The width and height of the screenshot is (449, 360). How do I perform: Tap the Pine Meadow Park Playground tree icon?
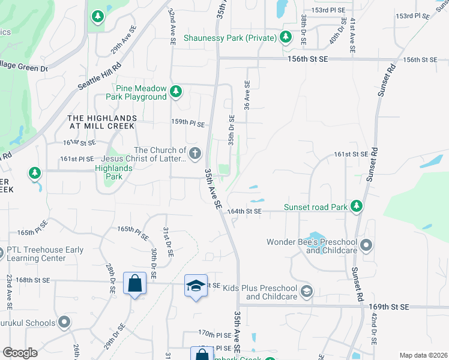pos(175,91)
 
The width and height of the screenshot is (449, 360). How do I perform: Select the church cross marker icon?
pos(194,154)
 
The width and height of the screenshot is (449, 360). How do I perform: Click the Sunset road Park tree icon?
pos(357,207)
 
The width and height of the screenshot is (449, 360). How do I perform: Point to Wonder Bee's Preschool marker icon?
pos(367,245)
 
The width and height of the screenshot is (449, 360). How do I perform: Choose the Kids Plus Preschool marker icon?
pos(307,292)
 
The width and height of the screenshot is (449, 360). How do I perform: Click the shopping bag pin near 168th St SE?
pos(134,283)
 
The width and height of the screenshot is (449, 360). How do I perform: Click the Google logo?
pos(20,353)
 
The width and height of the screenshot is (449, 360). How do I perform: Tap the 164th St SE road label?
pos(244,211)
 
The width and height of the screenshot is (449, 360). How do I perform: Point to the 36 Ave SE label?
pos(246,95)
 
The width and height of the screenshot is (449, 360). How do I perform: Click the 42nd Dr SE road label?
pos(374,326)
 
